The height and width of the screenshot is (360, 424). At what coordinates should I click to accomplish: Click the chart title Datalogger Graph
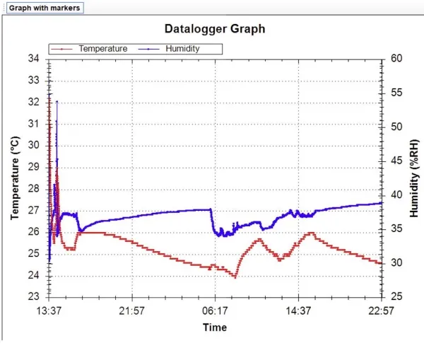(215, 29)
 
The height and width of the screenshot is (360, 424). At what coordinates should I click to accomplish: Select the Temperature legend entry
(102, 49)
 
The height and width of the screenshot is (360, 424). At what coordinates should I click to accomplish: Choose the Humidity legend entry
(182, 49)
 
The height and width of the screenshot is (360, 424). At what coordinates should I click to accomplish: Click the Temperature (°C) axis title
(15, 178)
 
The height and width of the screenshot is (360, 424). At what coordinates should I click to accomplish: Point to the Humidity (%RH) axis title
(414, 178)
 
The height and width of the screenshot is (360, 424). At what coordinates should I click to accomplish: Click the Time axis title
(215, 327)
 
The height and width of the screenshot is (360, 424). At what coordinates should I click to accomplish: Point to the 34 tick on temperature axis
(34, 59)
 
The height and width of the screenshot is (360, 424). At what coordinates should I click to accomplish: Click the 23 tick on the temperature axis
(34, 297)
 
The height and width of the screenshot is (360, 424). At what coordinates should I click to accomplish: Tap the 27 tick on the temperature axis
(34, 210)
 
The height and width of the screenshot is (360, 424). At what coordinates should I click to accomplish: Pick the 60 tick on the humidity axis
(396, 59)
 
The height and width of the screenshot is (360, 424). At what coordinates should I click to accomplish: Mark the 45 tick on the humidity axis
(396, 161)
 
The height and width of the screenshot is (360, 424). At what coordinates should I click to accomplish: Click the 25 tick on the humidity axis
(396, 297)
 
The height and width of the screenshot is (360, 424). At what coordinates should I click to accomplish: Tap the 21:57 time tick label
(132, 311)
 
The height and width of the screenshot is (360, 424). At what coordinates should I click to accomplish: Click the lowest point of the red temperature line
(235, 277)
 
